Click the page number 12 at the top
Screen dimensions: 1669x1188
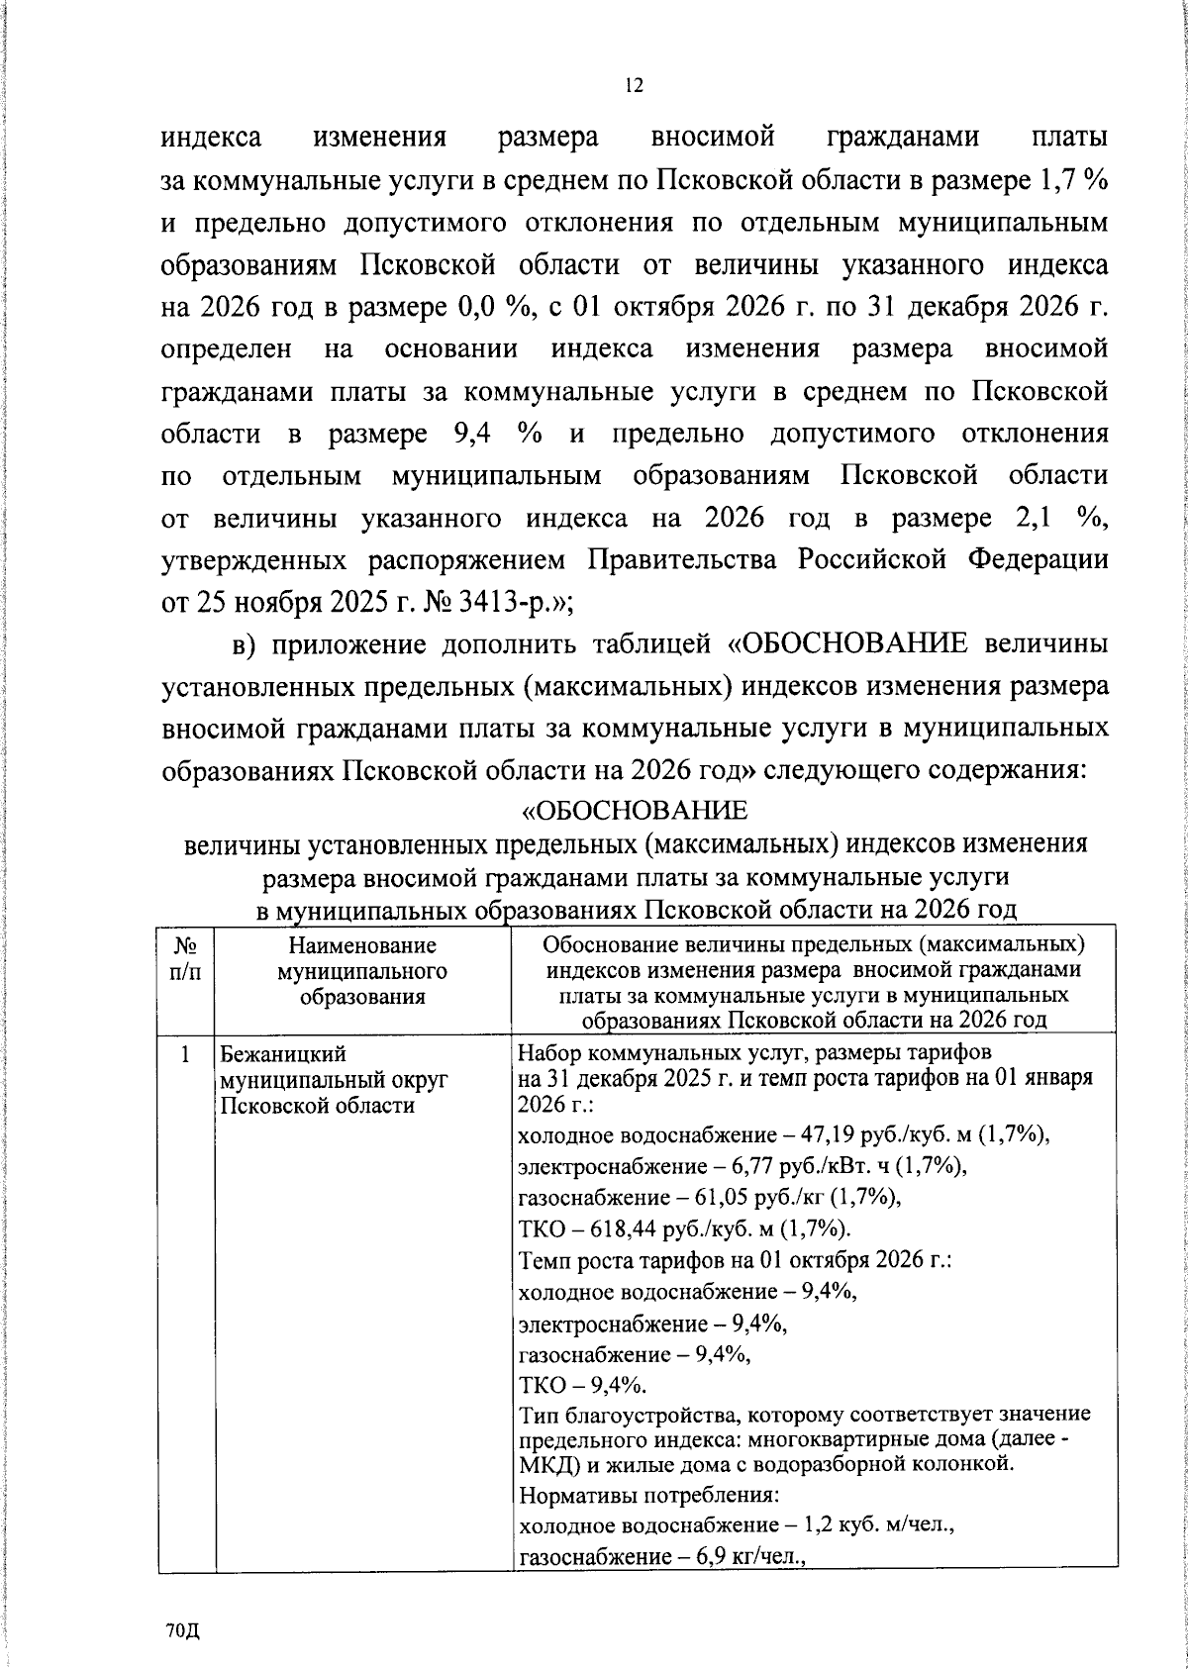[635, 86]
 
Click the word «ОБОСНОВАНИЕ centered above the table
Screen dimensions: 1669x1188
[635, 812]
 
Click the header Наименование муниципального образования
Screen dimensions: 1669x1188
[362, 972]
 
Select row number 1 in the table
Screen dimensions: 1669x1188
[185, 1055]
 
